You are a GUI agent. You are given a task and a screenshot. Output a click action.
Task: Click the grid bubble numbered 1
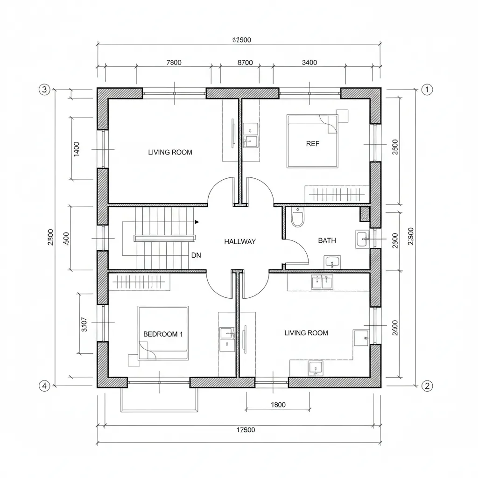click(427, 90)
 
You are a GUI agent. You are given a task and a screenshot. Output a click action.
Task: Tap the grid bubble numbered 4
click(44, 386)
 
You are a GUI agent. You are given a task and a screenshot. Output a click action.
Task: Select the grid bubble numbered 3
click(44, 90)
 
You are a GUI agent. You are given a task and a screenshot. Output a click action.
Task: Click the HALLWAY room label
click(240, 241)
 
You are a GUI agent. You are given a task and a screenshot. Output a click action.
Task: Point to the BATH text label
click(327, 240)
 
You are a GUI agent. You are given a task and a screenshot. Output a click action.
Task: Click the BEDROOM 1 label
click(163, 334)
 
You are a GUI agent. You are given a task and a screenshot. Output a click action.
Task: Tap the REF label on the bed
click(313, 144)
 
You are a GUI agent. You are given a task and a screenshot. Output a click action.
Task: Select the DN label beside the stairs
click(196, 255)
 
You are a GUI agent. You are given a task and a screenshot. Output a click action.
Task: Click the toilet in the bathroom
click(297, 218)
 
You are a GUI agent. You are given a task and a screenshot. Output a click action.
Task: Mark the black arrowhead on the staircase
click(197, 222)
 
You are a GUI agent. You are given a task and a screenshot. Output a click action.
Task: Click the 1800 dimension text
click(278, 405)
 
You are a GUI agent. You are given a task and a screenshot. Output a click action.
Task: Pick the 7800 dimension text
click(174, 63)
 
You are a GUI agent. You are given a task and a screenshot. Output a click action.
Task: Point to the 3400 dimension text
click(309, 63)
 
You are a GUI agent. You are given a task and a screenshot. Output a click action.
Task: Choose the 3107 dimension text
click(84, 324)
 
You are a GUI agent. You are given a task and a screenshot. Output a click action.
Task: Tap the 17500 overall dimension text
click(243, 430)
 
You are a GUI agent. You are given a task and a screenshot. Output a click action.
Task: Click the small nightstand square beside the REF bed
click(343, 116)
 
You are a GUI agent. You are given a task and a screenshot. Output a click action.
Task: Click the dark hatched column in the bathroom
click(365, 214)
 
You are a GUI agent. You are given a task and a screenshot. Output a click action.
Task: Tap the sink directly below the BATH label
click(332, 262)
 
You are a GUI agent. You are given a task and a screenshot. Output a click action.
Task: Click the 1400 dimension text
click(77, 149)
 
